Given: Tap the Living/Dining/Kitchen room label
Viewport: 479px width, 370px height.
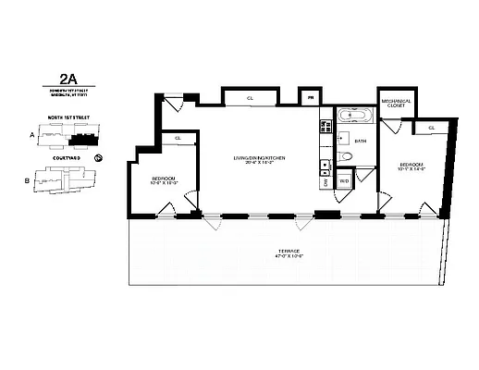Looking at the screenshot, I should click(x=258, y=161).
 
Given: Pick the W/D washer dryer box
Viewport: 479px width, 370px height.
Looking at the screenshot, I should click(x=344, y=181).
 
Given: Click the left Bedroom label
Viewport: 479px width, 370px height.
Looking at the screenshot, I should click(x=161, y=179).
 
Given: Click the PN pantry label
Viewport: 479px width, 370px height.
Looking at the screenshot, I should click(x=311, y=96).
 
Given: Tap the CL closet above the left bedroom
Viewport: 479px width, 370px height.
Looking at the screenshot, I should click(x=178, y=138).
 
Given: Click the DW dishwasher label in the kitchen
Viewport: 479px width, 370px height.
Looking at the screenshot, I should click(x=325, y=181).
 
